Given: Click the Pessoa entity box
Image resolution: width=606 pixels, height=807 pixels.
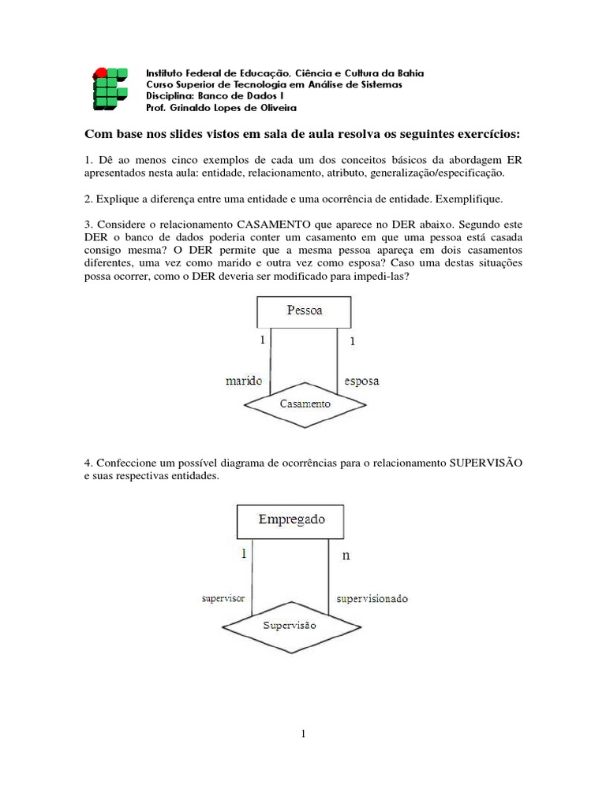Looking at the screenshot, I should point(305,311).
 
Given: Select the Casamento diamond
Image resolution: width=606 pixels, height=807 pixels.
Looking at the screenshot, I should point(305,403).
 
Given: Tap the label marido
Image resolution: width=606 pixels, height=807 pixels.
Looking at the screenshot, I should point(245,381).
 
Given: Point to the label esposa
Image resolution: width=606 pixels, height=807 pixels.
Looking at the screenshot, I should point(362,381).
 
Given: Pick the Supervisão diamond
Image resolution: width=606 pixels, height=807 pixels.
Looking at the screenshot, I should point(289,626).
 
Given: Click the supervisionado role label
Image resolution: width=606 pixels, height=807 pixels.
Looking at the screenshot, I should point(372,599).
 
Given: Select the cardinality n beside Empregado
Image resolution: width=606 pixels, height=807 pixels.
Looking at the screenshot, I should point(346,556).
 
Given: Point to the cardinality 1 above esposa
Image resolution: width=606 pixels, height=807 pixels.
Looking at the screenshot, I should point(352,342).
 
